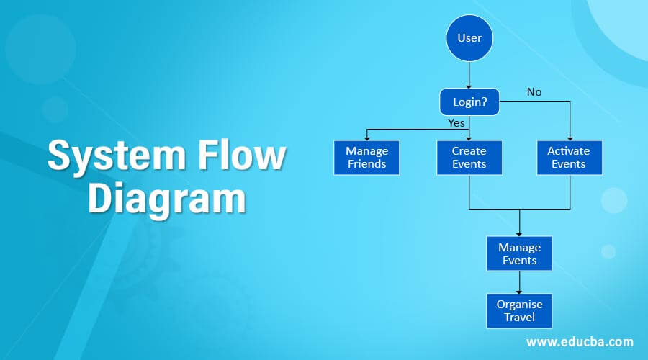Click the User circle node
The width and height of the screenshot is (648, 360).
click(469, 37)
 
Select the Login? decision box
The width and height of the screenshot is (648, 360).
click(469, 102)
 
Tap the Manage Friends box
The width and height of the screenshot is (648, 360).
click(366, 157)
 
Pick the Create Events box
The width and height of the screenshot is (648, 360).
click(469, 157)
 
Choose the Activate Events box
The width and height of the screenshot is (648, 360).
click(569, 157)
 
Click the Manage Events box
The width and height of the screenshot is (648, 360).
click(519, 253)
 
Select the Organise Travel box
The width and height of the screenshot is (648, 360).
click(519, 311)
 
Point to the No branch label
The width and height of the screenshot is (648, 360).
click(534, 92)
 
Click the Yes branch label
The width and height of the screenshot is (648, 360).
click(456, 122)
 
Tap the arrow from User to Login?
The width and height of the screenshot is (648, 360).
click(469, 75)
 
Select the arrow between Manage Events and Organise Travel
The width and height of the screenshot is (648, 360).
click(519, 282)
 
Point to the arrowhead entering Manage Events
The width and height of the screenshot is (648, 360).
click(519, 232)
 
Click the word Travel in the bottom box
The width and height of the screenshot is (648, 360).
click(519, 318)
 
